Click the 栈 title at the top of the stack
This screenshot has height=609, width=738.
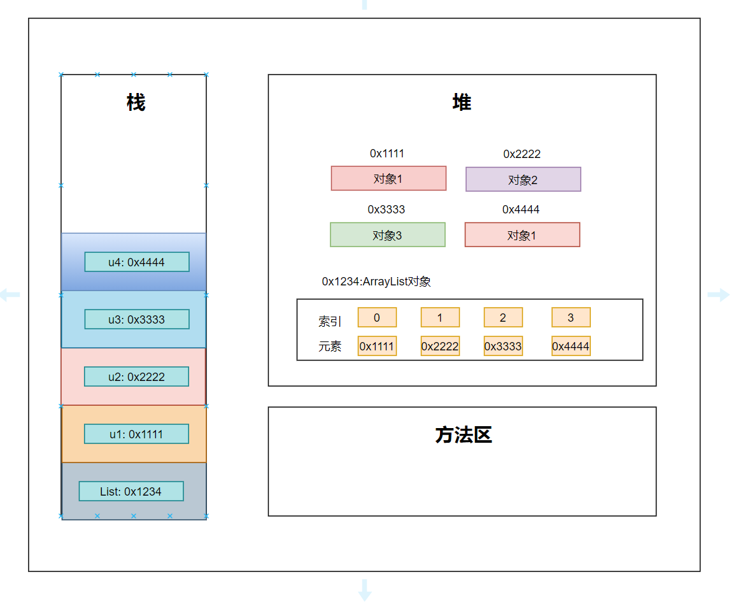pyautogui.click(x=136, y=103)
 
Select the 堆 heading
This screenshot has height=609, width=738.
pyautogui.click(x=462, y=103)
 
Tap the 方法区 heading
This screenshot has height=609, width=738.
pyautogui.click(x=463, y=435)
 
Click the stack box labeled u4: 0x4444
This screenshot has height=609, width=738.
pyautogui.click(x=137, y=262)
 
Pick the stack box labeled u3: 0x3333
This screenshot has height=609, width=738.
pyautogui.click(x=137, y=319)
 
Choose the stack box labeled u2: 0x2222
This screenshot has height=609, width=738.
pyautogui.click(x=136, y=376)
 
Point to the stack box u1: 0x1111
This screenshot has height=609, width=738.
pyautogui.click(x=136, y=434)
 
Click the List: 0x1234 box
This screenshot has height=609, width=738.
pyautogui.click(x=131, y=491)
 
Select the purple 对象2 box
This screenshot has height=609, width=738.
pyautogui.click(x=523, y=180)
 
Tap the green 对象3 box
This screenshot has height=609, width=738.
pyautogui.click(x=387, y=235)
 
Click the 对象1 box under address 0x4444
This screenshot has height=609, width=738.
pyautogui.click(x=522, y=235)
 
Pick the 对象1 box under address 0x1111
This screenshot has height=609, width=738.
pyautogui.click(x=388, y=178)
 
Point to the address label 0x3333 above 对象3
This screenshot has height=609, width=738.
pyautogui.click(x=387, y=210)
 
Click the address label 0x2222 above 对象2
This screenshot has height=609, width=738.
pyautogui.click(x=522, y=154)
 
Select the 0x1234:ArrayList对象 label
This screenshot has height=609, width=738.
pyautogui.click(x=376, y=282)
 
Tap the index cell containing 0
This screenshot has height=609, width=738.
pyautogui.click(x=377, y=317)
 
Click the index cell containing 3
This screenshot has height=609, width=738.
pyautogui.click(x=571, y=317)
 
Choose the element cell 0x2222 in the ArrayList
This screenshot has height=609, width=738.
pyautogui.click(x=440, y=346)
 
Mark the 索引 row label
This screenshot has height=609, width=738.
pyautogui.click(x=330, y=322)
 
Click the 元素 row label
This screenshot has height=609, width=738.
pyautogui.click(x=330, y=347)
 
